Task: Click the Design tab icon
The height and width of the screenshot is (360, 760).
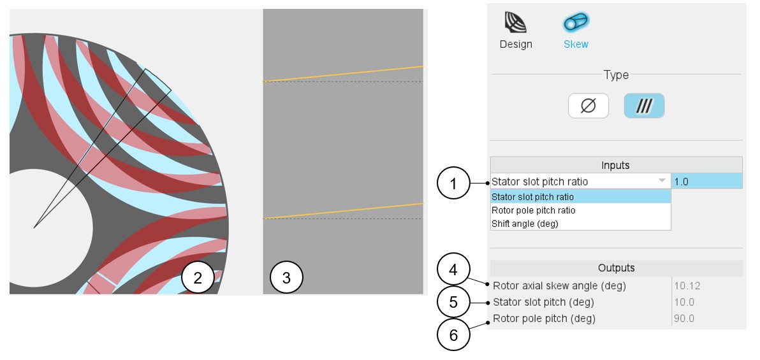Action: coord(516,23)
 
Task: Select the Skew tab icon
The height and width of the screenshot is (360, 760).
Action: coord(576,23)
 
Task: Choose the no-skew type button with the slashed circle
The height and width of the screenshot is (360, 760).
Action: coord(588,106)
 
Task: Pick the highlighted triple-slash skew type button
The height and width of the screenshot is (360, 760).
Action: coord(644,106)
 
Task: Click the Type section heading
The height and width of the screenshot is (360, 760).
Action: coord(616,75)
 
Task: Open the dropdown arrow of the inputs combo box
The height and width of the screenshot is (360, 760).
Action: coord(662,181)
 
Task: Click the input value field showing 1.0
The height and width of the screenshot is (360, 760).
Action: coord(706,182)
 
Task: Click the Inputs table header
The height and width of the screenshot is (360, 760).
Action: coord(616,165)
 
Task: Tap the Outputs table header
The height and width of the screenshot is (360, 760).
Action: coord(616,268)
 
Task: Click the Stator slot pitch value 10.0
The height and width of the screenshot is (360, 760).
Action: coord(684,303)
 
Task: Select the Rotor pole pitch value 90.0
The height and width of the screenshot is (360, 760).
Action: coord(684,319)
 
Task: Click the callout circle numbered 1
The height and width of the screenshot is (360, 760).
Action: coord(453,184)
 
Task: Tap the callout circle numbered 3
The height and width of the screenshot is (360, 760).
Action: coord(286,278)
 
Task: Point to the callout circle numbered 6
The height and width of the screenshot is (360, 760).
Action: coord(453,334)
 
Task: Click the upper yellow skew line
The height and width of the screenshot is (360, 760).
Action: coord(343,74)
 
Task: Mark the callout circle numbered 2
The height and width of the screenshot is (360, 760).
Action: coord(197,278)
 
